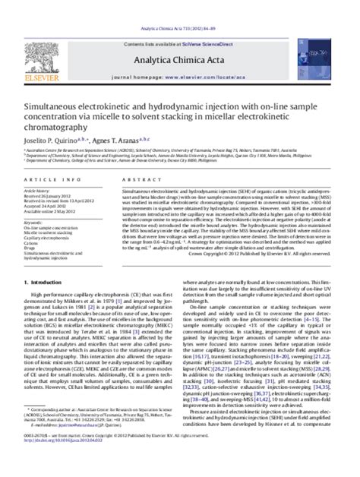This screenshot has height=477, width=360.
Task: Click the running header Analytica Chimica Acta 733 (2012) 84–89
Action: (x=180, y=5)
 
